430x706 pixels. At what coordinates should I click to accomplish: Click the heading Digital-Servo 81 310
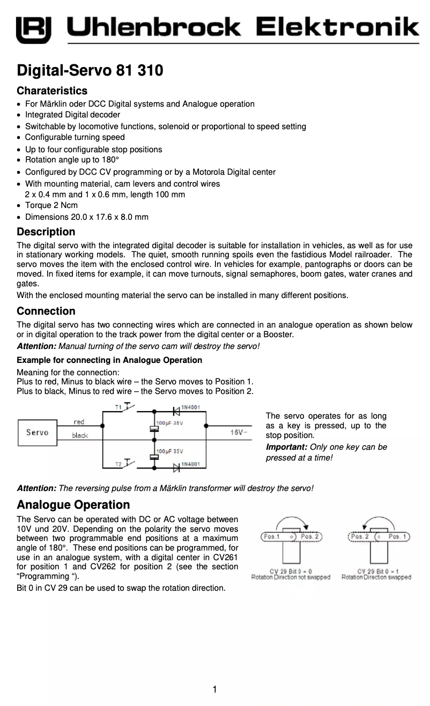click(90, 70)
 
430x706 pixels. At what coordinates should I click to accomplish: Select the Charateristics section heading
click(52, 91)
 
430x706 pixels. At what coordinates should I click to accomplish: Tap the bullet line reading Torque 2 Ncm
click(51, 205)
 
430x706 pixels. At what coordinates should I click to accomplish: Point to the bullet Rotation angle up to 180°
click(72, 160)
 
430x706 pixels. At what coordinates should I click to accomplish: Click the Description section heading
click(46, 232)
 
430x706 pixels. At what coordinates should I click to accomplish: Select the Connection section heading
click(46, 311)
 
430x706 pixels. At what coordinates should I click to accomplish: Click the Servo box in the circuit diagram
click(37, 433)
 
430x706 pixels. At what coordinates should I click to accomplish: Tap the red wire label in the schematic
click(78, 422)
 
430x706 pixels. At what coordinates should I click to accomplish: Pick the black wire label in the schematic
click(80, 436)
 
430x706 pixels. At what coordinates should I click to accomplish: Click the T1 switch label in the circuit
click(118, 407)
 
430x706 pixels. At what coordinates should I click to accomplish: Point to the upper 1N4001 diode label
click(190, 407)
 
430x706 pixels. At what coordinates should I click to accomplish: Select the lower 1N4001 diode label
click(190, 464)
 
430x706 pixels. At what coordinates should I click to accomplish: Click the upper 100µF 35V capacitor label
click(169, 423)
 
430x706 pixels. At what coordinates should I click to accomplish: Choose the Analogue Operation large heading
click(73, 504)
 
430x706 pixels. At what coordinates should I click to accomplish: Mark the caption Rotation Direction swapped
click(376, 577)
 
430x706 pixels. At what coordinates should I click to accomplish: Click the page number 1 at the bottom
click(214, 689)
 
